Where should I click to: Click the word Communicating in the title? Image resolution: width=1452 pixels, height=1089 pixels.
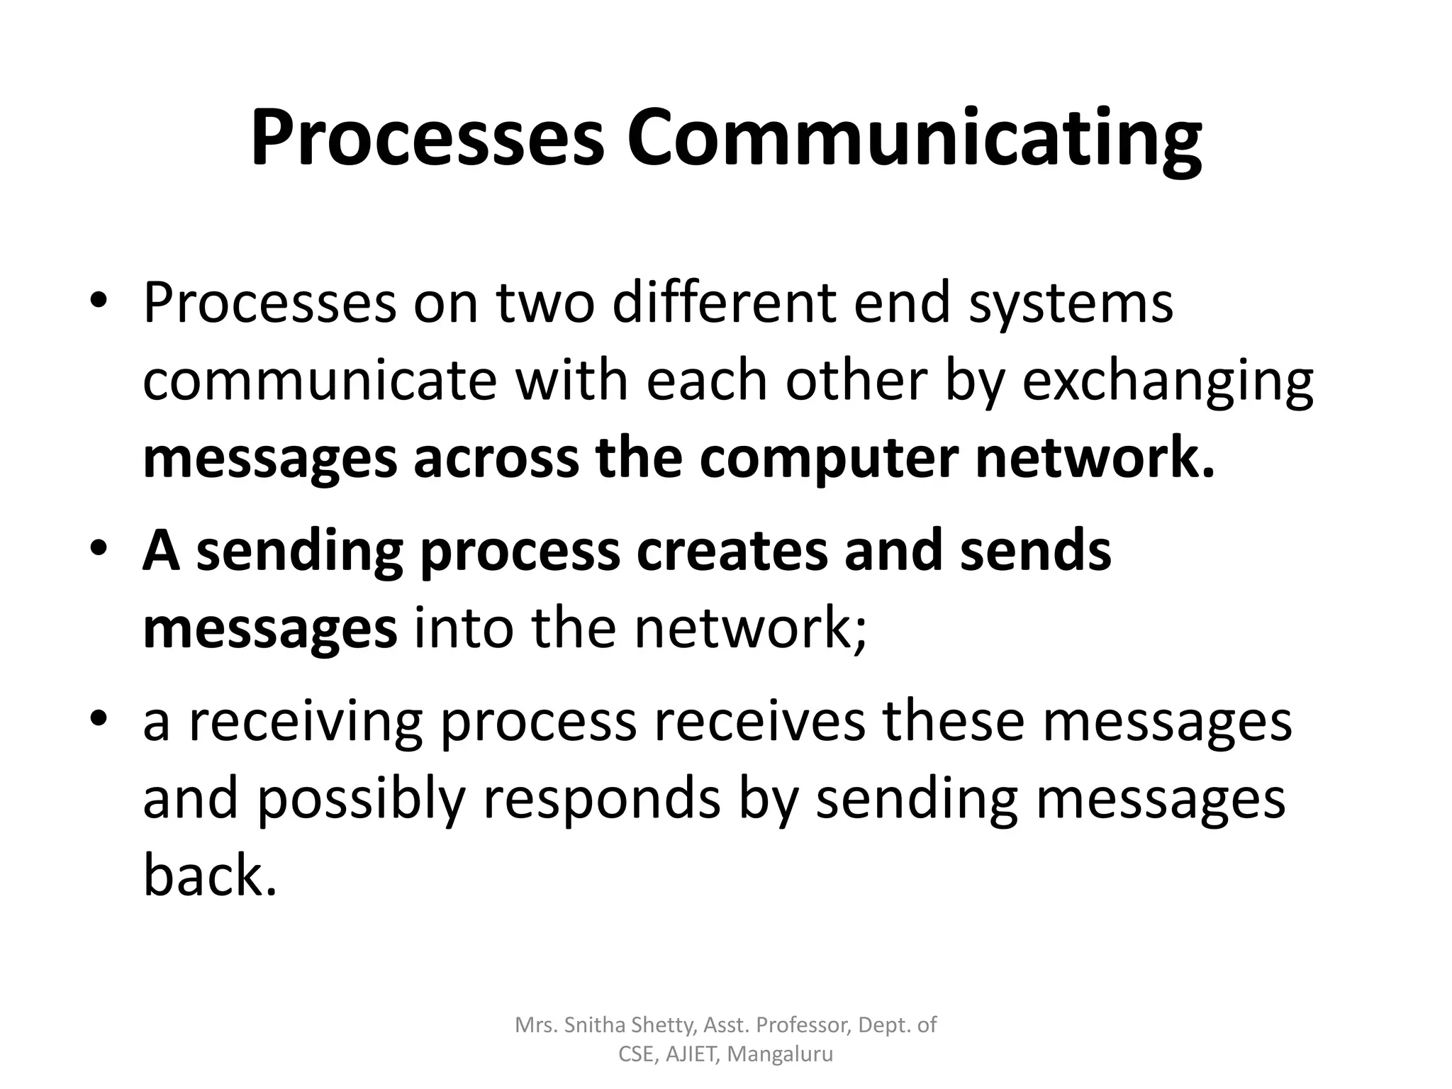[914, 140]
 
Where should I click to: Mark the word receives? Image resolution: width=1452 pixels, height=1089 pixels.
[759, 722]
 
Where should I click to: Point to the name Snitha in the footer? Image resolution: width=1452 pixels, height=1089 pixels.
[588, 1024]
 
